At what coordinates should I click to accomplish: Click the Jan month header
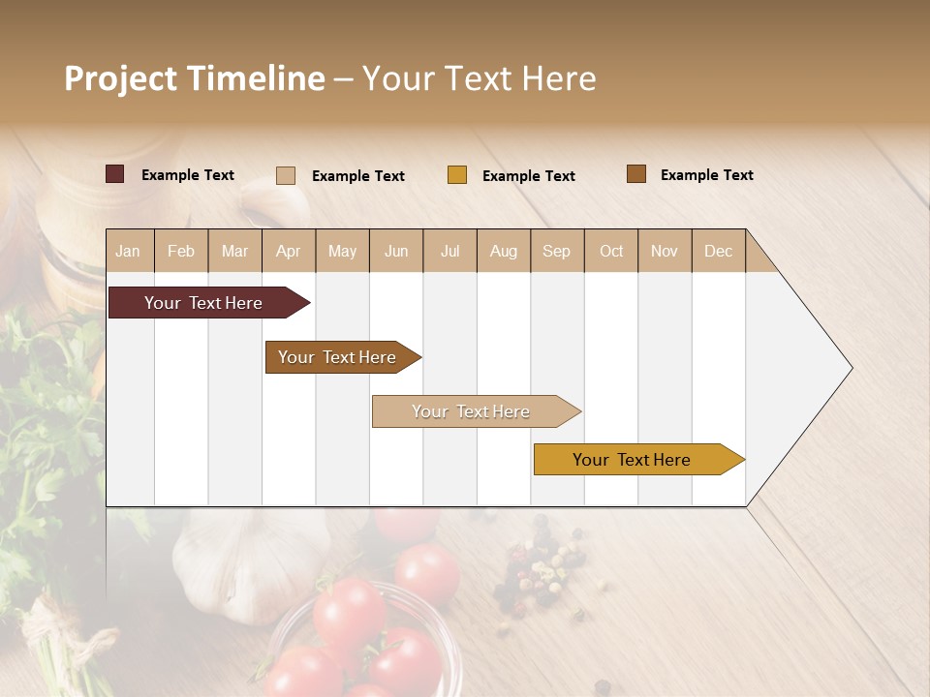(128, 251)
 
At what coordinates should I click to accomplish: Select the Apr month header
(288, 251)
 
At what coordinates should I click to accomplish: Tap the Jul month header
(449, 251)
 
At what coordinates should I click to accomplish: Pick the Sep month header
(556, 251)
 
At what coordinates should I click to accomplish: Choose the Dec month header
(718, 251)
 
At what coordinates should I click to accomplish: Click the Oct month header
(611, 251)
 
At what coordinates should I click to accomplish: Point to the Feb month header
(181, 251)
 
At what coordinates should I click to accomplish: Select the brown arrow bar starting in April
(339, 357)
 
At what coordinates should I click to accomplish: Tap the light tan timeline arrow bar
(473, 411)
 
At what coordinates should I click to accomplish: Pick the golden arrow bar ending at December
(635, 460)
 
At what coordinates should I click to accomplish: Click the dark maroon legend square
(115, 174)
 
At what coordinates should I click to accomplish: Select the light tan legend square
(286, 175)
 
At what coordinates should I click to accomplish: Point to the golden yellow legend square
(457, 175)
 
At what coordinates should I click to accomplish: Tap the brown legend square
(636, 174)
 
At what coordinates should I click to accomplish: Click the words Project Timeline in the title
(194, 78)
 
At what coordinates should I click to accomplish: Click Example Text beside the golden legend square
(528, 176)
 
